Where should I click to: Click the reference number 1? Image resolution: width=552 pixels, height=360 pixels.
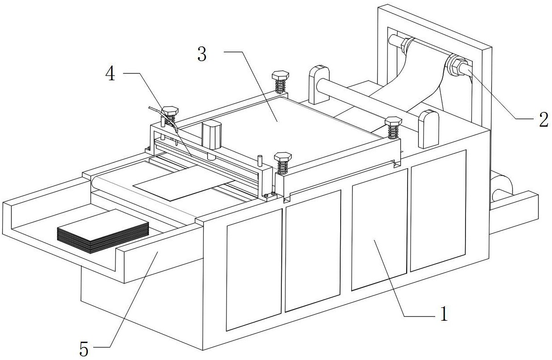click(443, 314)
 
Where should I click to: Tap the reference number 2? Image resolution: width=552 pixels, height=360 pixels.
click(543, 120)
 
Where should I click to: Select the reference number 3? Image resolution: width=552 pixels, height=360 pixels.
click(202, 54)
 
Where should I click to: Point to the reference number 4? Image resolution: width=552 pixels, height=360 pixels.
click(110, 74)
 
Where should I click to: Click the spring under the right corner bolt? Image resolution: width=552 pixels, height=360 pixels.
click(393, 132)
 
